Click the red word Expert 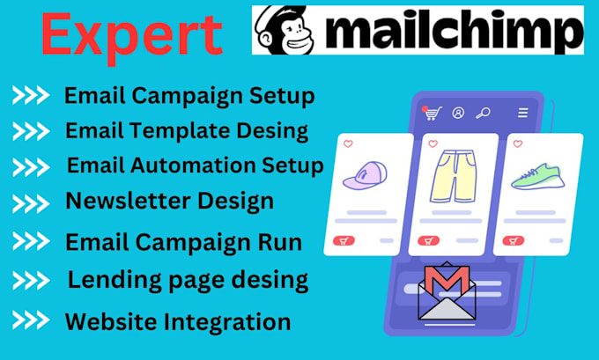click(x=131, y=34)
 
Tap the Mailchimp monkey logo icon click(x=283, y=30)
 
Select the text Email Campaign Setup click(x=189, y=95)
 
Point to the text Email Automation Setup click(x=196, y=165)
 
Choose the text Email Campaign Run click(x=183, y=241)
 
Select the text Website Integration click(x=178, y=321)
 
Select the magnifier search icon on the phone click(x=483, y=113)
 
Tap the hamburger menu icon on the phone click(x=523, y=113)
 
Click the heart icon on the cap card click(x=348, y=143)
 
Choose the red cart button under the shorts click(x=428, y=239)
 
